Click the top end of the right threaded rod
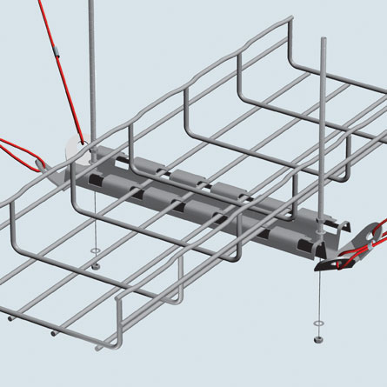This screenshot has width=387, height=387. click(x=324, y=40)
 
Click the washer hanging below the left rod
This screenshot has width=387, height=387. click(x=94, y=251)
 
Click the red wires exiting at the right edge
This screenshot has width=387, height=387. click(x=376, y=248)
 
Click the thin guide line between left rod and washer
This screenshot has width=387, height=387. click(x=93, y=217)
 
